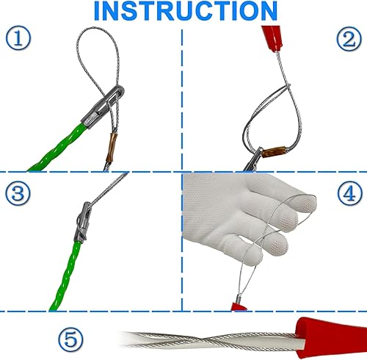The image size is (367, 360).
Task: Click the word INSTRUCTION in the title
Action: (x=186, y=11)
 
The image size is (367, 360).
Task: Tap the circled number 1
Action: (x=18, y=38)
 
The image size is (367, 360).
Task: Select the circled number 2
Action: (x=349, y=39)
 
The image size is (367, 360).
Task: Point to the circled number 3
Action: (x=18, y=192)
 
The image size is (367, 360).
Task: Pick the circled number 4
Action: (x=350, y=192)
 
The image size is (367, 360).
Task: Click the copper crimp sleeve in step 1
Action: (x=112, y=148)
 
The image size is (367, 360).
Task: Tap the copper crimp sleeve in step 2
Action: (x=274, y=152)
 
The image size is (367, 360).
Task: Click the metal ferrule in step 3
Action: (x=82, y=222)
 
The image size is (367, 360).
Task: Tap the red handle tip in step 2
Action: (x=272, y=38)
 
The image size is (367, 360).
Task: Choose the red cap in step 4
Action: (x=239, y=306)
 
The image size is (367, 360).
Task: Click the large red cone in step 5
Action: (x=332, y=338)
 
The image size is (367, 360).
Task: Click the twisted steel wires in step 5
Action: (x=208, y=339)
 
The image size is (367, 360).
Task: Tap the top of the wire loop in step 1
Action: (x=97, y=28)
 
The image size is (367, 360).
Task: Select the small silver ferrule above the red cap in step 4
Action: (x=238, y=299)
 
